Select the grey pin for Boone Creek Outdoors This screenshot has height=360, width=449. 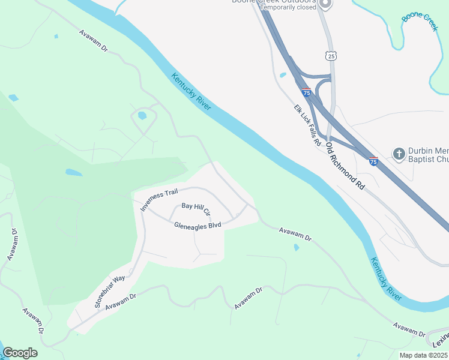tap(325, 4)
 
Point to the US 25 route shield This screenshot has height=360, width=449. tap(330, 56)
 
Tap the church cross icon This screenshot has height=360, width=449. tap(399, 154)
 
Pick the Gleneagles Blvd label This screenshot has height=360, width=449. tap(197, 226)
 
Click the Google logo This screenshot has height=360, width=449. tap(20, 353)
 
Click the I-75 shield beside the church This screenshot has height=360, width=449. tap(373, 161)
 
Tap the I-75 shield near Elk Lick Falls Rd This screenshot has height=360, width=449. tap(306, 92)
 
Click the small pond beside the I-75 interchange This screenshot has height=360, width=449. tap(283, 75)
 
